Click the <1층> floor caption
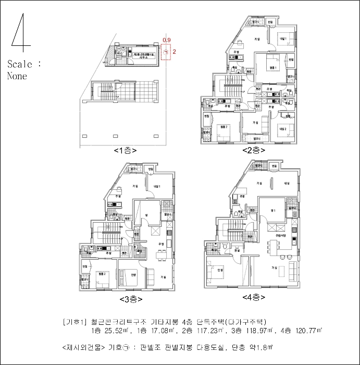point(125,151)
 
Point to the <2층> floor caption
point(254,150)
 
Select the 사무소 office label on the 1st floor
point(142,58)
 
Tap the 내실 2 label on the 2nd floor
point(283,128)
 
